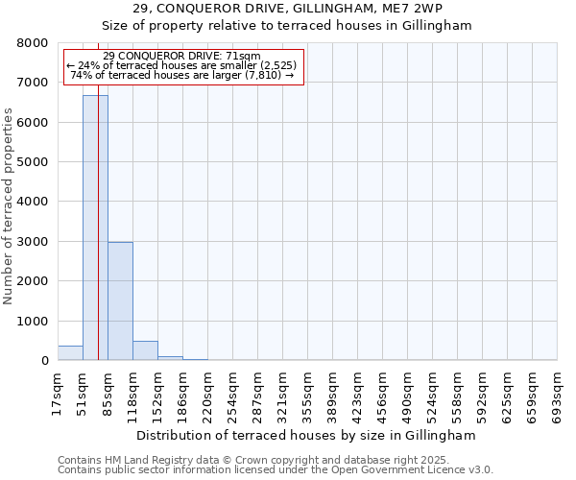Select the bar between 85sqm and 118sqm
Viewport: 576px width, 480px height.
120,301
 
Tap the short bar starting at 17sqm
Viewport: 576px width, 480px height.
70,353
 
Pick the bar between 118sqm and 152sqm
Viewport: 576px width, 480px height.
145,350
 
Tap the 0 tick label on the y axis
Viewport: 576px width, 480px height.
44,361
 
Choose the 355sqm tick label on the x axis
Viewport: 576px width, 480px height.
307,392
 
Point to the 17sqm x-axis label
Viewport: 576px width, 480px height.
58,392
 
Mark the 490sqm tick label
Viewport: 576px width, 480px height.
407,392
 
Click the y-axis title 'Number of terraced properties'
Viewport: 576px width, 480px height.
9,206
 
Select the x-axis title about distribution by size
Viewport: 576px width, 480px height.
307,435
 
